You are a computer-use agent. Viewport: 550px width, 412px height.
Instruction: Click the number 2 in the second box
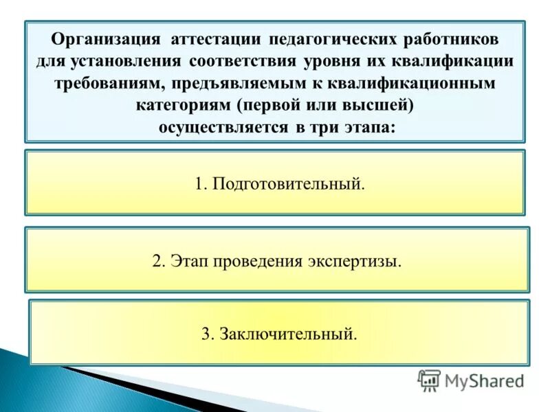(157, 262)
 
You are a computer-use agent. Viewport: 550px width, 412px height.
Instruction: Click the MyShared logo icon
(429, 380)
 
